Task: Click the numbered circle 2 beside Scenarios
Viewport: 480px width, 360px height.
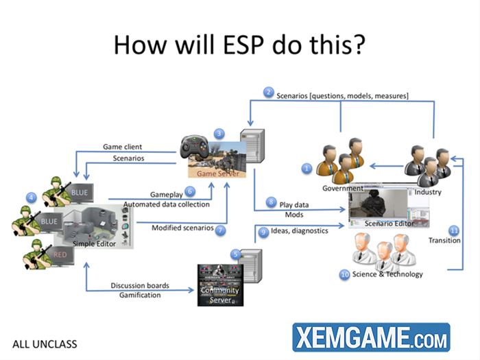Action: click(269, 92)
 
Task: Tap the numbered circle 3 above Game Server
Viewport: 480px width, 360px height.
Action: click(219, 134)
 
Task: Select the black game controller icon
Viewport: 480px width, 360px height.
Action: click(194, 147)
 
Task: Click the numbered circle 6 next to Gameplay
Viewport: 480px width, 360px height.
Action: click(190, 191)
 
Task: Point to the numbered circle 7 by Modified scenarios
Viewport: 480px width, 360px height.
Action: click(220, 230)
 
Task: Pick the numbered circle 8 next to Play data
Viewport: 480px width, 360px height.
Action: click(271, 202)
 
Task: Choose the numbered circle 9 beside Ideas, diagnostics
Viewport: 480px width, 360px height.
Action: click(263, 232)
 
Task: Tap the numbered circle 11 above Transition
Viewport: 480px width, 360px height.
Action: click(454, 230)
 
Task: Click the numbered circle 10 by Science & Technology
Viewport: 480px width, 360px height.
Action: click(345, 274)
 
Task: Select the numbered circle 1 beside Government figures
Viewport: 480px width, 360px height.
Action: click(307, 168)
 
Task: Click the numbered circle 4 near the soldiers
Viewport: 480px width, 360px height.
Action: click(31, 197)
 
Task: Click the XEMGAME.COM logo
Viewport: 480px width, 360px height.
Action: click(372, 337)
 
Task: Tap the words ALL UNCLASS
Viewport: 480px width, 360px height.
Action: click(45, 344)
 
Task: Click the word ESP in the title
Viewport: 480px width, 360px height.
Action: click(243, 45)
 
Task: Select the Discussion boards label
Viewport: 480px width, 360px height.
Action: click(140, 285)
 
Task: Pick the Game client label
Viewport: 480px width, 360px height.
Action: click(123, 147)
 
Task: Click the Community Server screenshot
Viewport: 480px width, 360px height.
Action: click(220, 285)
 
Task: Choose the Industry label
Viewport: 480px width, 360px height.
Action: click(428, 192)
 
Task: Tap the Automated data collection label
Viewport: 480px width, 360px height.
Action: click(167, 204)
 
